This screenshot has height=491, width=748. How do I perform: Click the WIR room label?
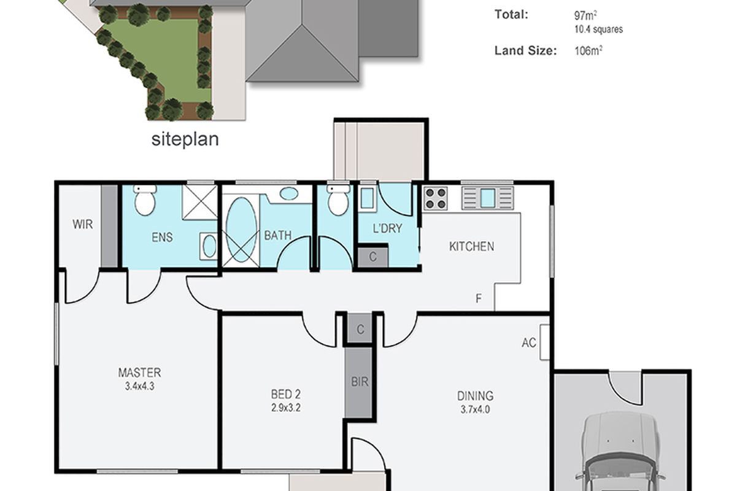(x=82, y=224)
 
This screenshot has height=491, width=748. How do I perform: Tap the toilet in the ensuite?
(x=145, y=200)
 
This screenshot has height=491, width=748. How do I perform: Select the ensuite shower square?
(x=199, y=202)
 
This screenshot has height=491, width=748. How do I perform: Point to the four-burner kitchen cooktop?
(x=436, y=198)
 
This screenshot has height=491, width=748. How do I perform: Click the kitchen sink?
(x=488, y=198)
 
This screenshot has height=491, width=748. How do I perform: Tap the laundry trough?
(x=368, y=198)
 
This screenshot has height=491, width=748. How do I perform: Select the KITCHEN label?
(x=471, y=247)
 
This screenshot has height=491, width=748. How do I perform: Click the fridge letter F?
(x=479, y=298)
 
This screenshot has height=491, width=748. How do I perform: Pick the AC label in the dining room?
(x=529, y=342)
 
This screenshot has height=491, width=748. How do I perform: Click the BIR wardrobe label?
(x=360, y=381)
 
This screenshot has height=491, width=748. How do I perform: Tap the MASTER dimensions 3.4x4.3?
(x=139, y=387)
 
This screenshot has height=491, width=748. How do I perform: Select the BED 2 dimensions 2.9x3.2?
(x=286, y=408)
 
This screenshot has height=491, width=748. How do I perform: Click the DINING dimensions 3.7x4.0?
(x=475, y=409)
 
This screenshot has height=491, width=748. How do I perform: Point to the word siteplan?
(x=185, y=139)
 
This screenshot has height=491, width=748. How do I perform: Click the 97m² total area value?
(x=585, y=15)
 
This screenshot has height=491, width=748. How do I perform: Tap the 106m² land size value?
(x=588, y=51)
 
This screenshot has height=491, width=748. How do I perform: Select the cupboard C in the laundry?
(x=373, y=257)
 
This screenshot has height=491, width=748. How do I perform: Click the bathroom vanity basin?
(x=288, y=193)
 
